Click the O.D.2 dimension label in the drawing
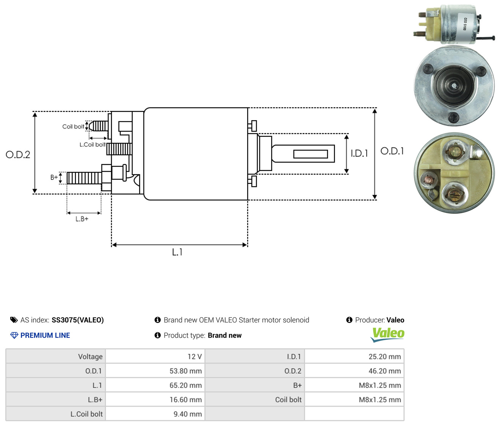(x=18, y=155)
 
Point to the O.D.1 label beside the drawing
(x=392, y=151)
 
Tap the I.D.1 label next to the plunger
(x=359, y=153)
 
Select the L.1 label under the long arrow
(x=177, y=252)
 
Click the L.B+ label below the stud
(x=82, y=219)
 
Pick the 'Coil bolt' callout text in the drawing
(x=73, y=127)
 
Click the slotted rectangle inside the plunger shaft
(x=311, y=154)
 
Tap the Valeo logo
(x=388, y=335)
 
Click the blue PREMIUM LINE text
(x=45, y=335)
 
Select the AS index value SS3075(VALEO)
(x=78, y=320)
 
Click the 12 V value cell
(x=155, y=357)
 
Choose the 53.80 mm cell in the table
(x=155, y=371)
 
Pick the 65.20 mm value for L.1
(x=155, y=385)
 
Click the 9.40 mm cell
(x=155, y=414)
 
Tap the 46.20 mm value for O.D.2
(x=354, y=371)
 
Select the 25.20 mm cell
(x=354, y=357)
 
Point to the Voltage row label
(x=90, y=357)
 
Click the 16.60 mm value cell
(x=155, y=400)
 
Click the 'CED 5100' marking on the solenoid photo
(x=465, y=24)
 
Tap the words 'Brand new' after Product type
(x=224, y=335)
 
